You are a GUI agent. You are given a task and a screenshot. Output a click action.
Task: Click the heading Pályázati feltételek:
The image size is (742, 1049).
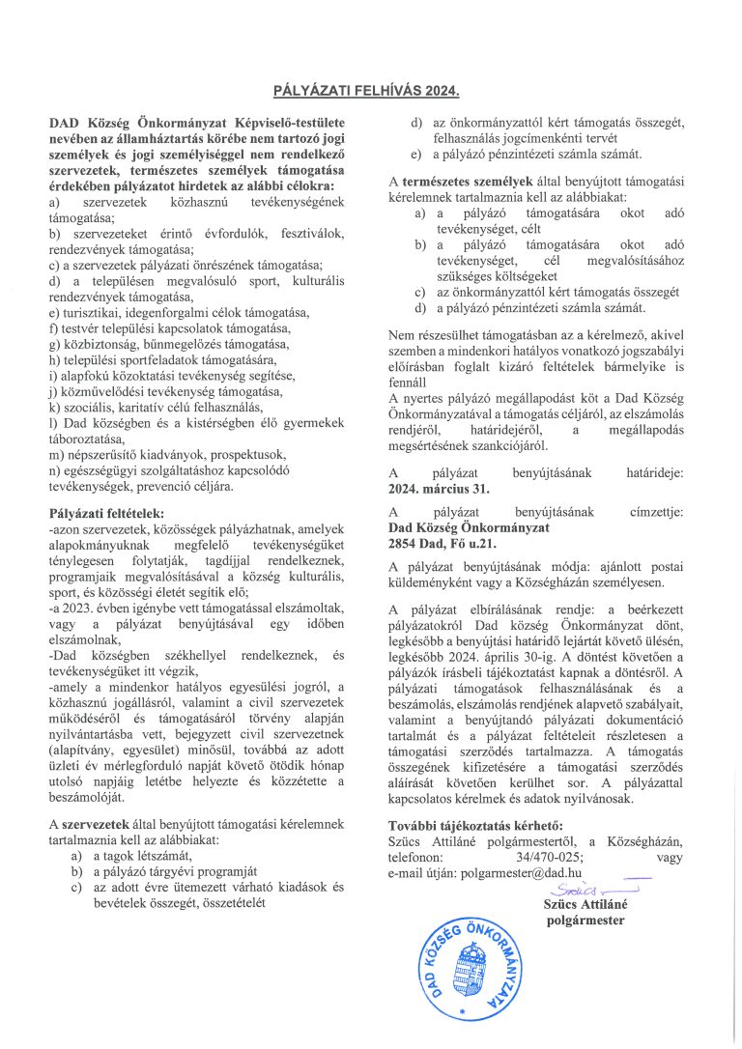point(107,512)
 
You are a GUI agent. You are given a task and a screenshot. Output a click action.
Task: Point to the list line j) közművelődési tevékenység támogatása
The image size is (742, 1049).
point(167,391)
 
